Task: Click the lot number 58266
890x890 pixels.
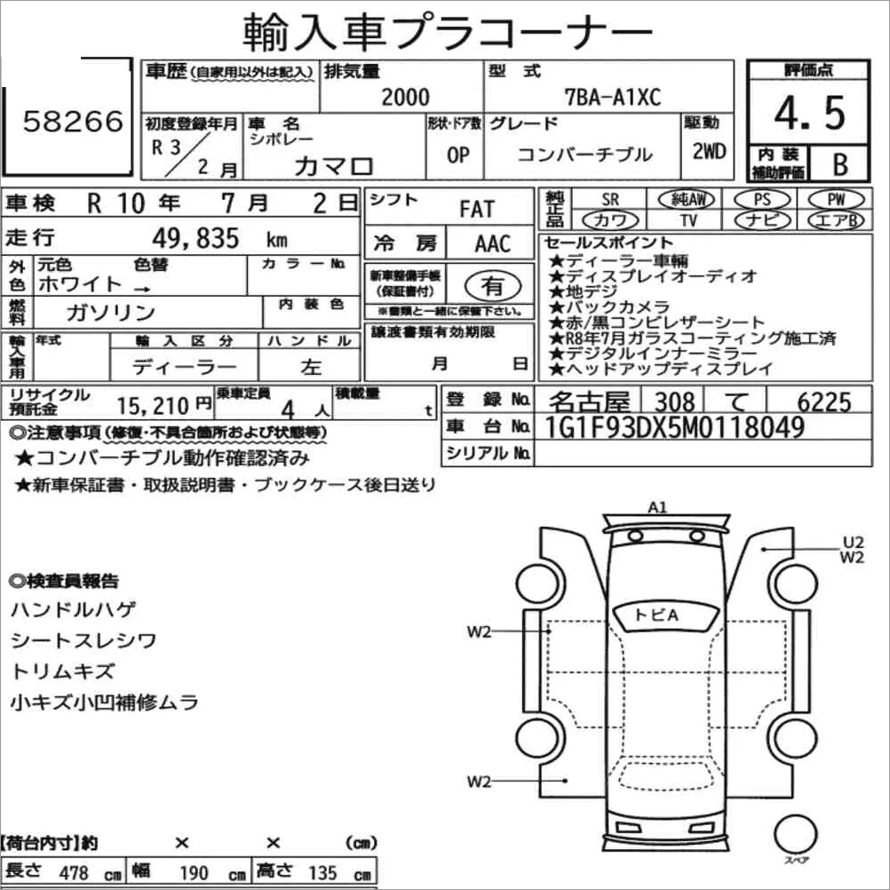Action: point(73,121)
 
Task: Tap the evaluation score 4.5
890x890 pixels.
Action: point(810,113)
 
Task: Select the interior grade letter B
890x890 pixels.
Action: point(840,164)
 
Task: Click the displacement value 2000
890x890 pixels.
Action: point(405,97)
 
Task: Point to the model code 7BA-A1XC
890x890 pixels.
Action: point(613,97)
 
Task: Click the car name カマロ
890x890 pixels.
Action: point(333,166)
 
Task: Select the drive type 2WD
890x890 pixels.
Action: point(709,151)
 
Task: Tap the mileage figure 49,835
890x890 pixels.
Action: point(195,238)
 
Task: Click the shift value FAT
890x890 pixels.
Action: point(477,209)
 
